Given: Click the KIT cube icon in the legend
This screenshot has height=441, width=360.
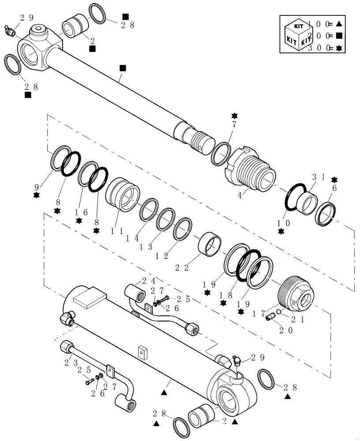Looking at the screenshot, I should click(x=295, y=34).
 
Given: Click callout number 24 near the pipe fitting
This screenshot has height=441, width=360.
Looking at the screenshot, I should click(x=147, y=280).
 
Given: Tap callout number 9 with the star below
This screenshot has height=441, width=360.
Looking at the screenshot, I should click(x=36, y=187).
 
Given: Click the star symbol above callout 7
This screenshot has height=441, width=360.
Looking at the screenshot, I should click(x=234, y=116).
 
